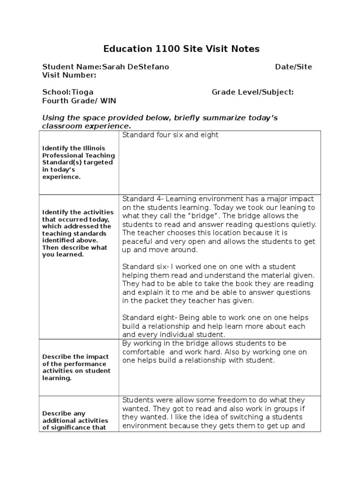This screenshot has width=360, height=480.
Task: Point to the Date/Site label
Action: [293, 67]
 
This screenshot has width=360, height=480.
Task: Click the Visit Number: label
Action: [69, 75]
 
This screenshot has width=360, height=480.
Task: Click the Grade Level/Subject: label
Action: [253, 92]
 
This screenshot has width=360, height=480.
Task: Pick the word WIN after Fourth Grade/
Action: [108, 101]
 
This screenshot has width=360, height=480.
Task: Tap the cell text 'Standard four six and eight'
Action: [170, 135]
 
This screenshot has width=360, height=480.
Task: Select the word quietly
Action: [301, 224]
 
